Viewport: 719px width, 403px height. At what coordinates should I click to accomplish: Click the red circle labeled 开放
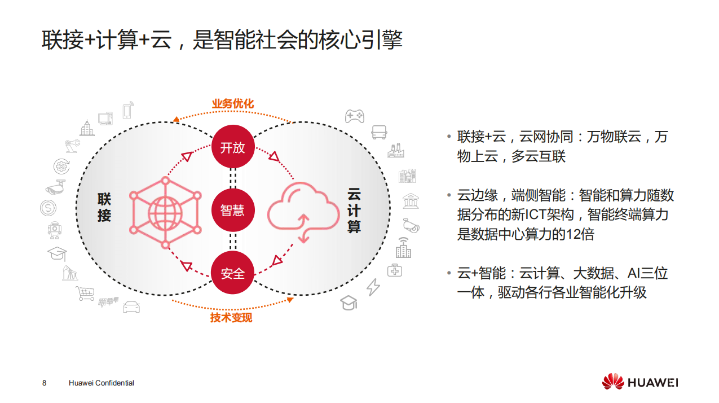233,147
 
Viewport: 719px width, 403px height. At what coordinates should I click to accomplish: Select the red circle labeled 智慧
233,210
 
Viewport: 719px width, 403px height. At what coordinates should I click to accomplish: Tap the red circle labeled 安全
233,273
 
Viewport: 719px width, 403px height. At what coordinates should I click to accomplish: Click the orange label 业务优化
233,104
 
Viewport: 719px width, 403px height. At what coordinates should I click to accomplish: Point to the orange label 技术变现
231,318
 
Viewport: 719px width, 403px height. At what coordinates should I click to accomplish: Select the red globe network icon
165,213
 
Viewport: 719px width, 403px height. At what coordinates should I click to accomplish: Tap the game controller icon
354,116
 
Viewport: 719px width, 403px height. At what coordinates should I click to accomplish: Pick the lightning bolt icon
373,287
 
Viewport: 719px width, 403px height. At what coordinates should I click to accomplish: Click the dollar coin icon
48,208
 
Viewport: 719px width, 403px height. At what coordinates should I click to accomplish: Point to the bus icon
379,132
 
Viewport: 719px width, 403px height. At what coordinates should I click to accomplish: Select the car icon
131,307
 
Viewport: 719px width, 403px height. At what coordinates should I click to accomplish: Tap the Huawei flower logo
613,382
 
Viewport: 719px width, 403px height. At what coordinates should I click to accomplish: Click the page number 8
45,383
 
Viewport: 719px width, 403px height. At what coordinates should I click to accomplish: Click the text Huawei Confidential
101,383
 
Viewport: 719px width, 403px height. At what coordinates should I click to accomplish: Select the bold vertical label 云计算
354,211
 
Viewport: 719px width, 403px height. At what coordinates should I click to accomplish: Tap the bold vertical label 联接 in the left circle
104,207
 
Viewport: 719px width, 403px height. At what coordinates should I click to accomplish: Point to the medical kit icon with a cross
395,270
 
